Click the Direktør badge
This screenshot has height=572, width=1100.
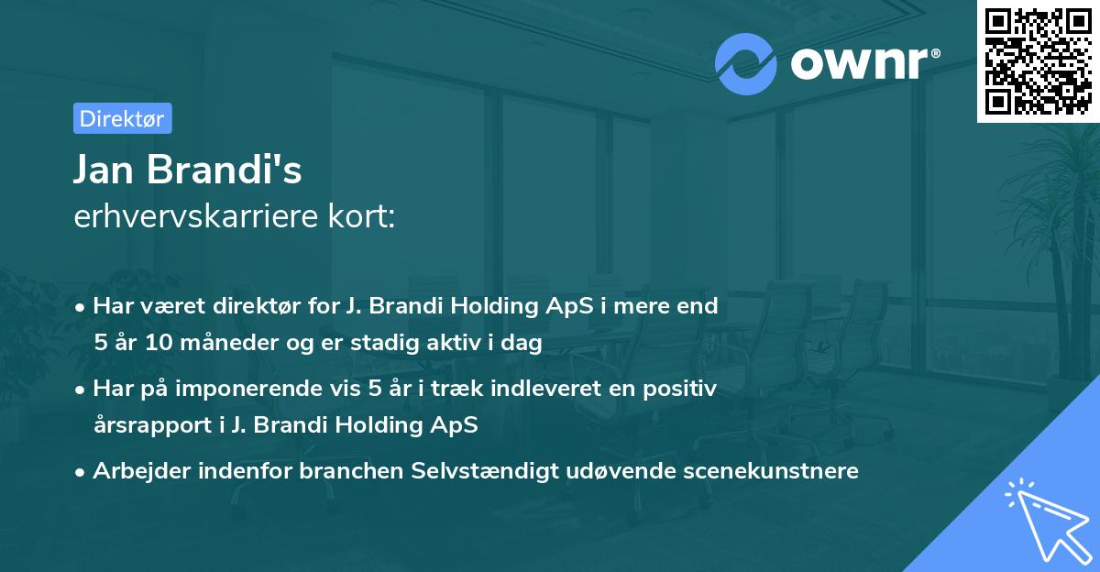(x=122, y=118)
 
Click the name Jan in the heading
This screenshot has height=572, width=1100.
(x=108, y=170)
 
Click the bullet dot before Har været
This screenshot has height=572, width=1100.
(x=82, y=307)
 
